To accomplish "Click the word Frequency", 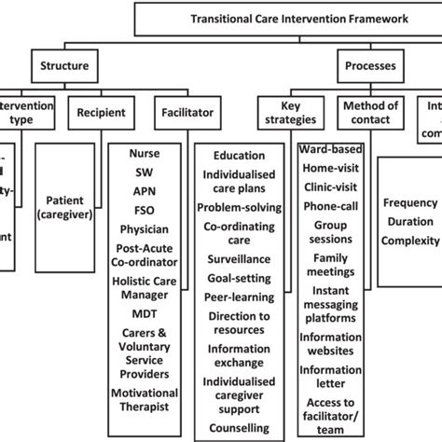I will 410,202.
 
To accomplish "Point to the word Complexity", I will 411,242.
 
